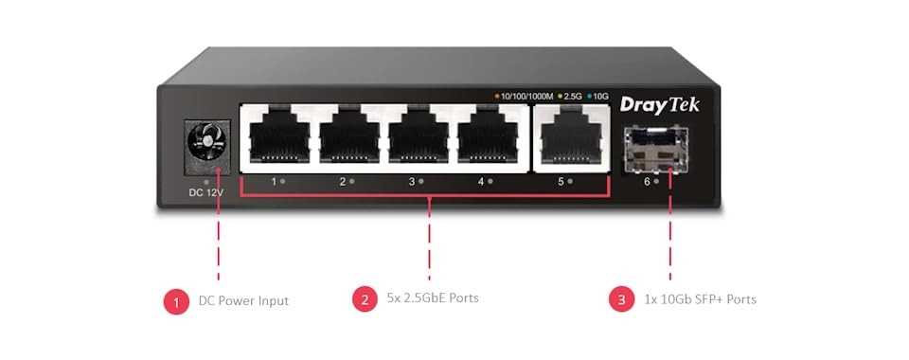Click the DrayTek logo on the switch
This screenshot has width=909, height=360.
click(659, 104)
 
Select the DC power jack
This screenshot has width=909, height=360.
click(204, 143)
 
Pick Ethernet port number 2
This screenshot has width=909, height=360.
click(348, 137)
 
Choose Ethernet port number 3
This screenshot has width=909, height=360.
click(417, 137)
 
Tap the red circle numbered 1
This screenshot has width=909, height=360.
click(174, 300)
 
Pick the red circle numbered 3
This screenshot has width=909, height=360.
click(620, 299)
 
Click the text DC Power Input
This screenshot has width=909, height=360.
click(243, 300)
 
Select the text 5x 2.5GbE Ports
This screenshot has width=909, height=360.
click(433, 298)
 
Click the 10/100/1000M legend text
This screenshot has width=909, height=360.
click(526, 97)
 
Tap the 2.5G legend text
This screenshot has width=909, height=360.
click(573, 97)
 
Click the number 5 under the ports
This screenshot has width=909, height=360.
click(560, 180)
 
